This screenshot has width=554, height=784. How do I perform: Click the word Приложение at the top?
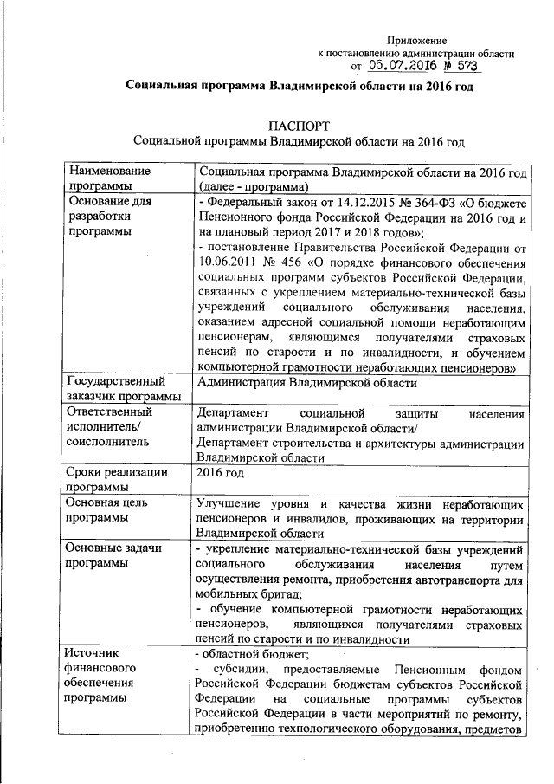click(416, 40)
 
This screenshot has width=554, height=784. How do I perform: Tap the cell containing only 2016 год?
click(221, 473)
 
